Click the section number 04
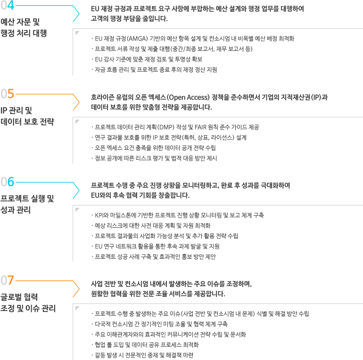(8, 5)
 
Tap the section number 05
(8, 94)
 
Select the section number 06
(8, 182)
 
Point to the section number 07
(8, 280)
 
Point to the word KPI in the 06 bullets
(99, 215)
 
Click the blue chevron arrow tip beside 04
(79, 14)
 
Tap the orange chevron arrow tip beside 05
(79, 102)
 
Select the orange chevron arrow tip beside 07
(79, 289)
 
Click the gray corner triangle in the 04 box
(77, 33)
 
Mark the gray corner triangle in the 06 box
(77, 209)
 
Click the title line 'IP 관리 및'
(16, 111)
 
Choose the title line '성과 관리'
(16, 210)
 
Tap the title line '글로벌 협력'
(19, 297)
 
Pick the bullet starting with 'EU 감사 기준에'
(147, 59)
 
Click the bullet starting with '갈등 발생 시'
(142, 355)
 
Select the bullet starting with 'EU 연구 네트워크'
(156, 246)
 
